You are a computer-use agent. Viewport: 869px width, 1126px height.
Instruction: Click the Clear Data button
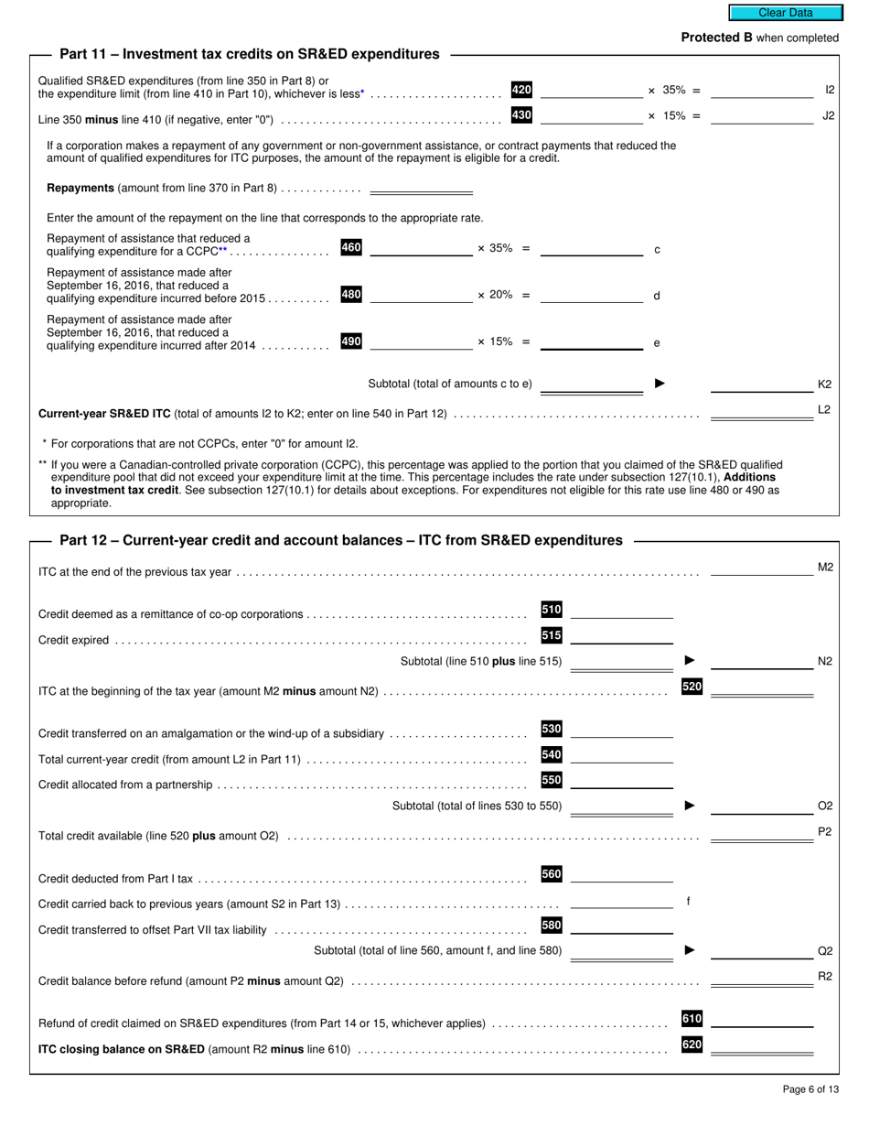click(785, 13)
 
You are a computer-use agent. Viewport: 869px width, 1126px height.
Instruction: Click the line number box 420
click(521, 90)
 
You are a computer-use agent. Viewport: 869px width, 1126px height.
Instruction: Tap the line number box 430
click(521, 115)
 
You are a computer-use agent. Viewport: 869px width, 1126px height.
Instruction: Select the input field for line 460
click(420, 247)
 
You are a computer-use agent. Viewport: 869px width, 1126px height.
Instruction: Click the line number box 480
click(351, 294)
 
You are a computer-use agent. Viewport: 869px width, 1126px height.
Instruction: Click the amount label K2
click(824, 384)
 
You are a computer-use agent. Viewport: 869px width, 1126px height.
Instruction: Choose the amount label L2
click(824, 409)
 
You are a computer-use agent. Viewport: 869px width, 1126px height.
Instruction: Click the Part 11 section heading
click(249, 54)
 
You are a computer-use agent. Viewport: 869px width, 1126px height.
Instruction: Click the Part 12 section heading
click(340, 540)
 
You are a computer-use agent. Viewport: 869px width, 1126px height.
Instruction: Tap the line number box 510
click(552, 610)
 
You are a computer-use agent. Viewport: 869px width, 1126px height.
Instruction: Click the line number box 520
click(692, 687)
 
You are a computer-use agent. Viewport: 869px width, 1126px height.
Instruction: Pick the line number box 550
click(552, 781)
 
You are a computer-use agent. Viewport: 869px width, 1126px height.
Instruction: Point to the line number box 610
click(692, 1019)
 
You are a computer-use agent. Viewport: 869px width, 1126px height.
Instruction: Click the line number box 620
click(692, 1045)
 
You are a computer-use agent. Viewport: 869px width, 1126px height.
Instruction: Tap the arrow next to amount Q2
click(690, 950)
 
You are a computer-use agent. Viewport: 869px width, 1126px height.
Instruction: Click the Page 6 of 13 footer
click(810, 1089)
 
